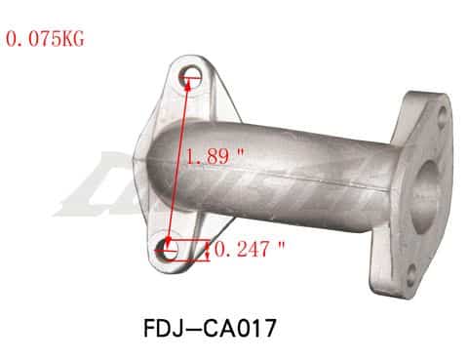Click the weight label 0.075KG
click(x=46, y=41)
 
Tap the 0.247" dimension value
click(x=248, y=250)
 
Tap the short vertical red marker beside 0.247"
click(x=209, y=250)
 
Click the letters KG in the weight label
click(x=73, y=41)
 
